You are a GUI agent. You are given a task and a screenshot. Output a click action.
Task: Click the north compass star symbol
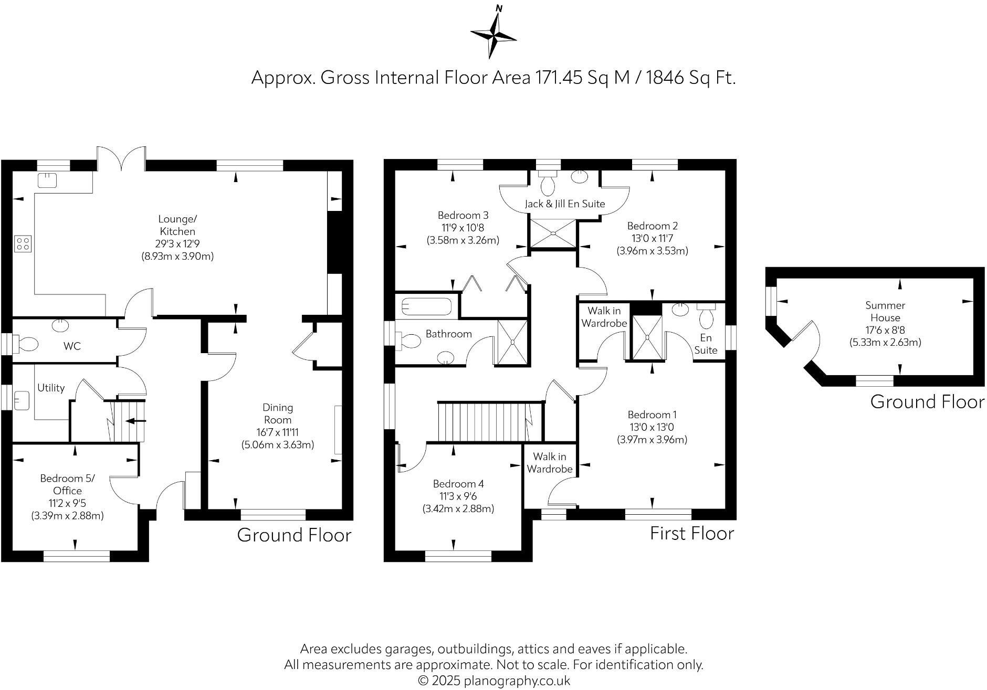click(493, 36)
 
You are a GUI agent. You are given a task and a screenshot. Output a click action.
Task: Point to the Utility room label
click(51, 388)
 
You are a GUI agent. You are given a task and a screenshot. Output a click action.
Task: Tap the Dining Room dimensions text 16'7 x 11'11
click(278, 432)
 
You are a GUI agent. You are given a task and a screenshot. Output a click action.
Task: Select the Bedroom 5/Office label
click(68, 484)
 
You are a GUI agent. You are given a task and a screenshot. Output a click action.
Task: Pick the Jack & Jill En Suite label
click(565, 204)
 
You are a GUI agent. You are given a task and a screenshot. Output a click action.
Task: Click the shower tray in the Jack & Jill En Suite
click(553, 233)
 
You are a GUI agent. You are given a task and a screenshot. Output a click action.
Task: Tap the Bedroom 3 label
click(463, 215)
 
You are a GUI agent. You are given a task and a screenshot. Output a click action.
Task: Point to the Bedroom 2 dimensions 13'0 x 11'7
click(652, 238)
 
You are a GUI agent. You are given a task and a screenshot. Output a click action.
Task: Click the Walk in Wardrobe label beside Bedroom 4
click(550, 463)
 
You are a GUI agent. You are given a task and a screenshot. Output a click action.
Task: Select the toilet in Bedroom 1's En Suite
click(706, 317)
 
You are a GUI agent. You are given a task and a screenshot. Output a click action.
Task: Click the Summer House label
click(885, 311)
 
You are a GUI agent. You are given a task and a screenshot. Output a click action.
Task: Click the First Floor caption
click(691, 533)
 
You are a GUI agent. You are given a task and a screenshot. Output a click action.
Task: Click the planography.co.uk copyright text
click(493, 681)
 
